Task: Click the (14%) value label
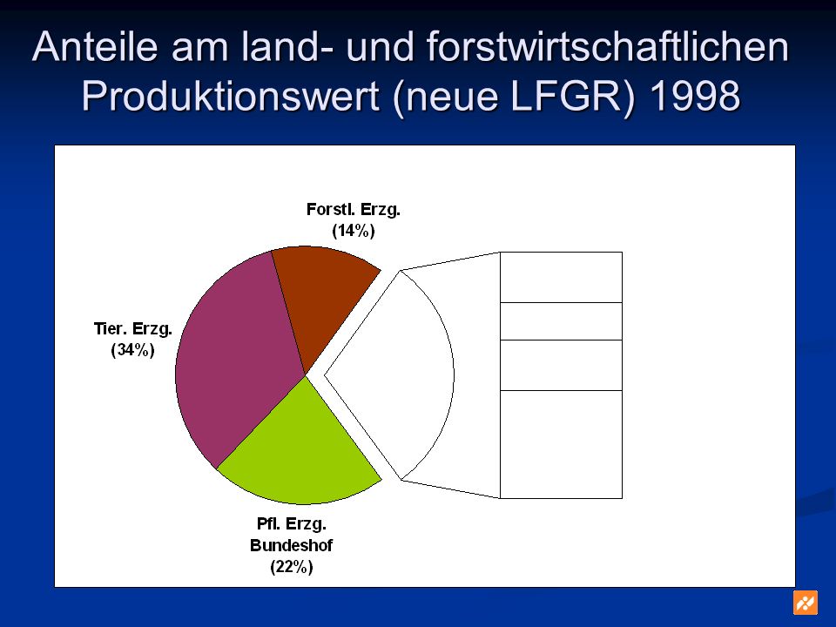[354, 231]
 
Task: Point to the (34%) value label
[132, 350]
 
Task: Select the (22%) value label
[292, 567]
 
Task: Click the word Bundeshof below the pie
[291, 545]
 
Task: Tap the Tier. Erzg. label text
[132, 329]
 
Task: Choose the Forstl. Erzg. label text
[354, 210]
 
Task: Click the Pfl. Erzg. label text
[292, 524]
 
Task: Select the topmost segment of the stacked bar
[561, 277]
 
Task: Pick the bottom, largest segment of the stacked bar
[561, 445]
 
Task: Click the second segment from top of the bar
[561, 321]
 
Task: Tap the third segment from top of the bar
[561, 365]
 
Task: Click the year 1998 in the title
[695, 96]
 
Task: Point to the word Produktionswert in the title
[230, 96]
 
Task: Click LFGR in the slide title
[566, 96]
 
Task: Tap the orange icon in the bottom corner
[805, 603]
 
